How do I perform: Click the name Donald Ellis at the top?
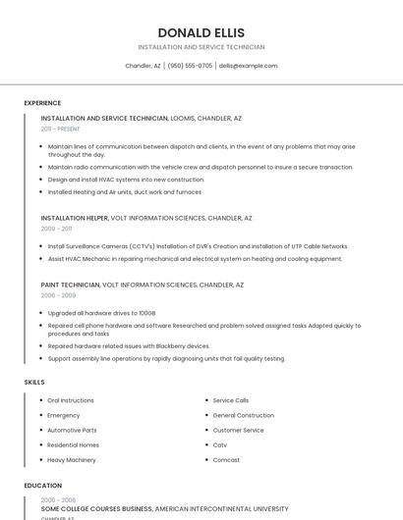[201, 32]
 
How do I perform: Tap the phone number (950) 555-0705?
[190, 66]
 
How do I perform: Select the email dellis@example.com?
[248, 66]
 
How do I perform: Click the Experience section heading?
[42, 103]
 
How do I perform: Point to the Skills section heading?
[34, 382]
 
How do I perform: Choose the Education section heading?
[42, 486]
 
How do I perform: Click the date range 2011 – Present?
[60, 129]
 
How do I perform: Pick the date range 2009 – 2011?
[56, 228]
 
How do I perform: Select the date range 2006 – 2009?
[58, 294]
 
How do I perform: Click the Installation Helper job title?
[75, 218]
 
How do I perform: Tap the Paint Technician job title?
[70, 285]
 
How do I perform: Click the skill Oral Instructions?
[71, 400]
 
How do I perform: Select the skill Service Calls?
[231, 400]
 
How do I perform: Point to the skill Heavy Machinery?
[72, 459]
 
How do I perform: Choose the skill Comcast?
[226, 459]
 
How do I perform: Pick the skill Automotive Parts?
[72, 430]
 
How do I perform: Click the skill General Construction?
[243, 415]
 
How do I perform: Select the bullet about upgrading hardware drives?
[101, 313]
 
